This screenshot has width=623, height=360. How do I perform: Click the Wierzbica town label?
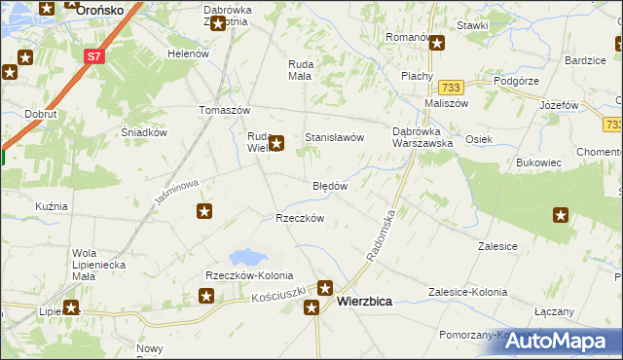364,302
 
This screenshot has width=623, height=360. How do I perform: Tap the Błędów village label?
330,186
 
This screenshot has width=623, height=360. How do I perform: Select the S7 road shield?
93,56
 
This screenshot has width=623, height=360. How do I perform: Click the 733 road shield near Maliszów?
450,87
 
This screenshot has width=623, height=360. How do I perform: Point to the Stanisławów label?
335,138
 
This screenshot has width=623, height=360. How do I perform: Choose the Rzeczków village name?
300,218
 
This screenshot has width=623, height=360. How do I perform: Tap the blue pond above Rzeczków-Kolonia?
247,258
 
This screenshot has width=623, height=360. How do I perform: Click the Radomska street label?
382,234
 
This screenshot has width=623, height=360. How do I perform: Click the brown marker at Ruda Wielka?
277,143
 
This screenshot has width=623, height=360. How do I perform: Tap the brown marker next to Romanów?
437,42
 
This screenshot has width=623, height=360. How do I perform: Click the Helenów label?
189,54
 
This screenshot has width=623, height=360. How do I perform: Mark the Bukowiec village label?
539,162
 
